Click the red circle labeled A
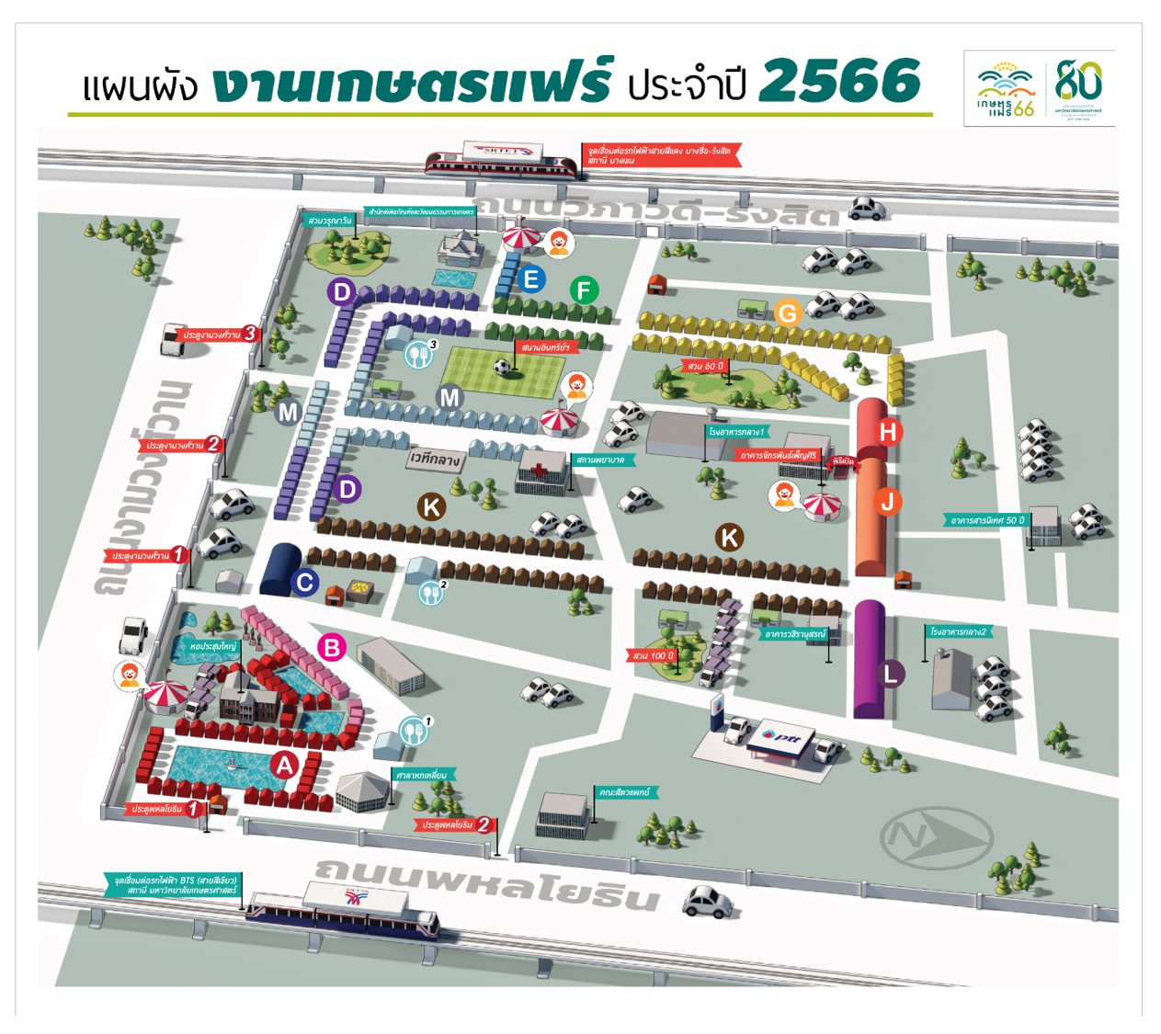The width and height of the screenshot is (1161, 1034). pyautogui.click(x=285, y=765)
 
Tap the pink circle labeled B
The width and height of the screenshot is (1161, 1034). pyautogui.click(x=332, y=647)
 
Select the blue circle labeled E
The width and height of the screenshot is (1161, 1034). pyautogui.click(x=530, y=278)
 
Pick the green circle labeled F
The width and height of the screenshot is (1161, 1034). pyautogui.click(x=584, y=290)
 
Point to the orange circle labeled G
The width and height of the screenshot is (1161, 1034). pyautogui.click(x=787, y=313)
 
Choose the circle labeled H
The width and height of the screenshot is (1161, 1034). pyautogui.click(x=888, y=431)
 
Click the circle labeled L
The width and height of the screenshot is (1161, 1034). pyautogui.click(x=890, y=674)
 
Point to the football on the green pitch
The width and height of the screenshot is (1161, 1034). pyautogui.click(x=501, y=367)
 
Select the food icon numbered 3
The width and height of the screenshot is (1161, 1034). pyautogui.click(x=419, y=354)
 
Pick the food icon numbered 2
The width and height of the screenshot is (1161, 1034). pyautogui.click(x=431, y=593)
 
